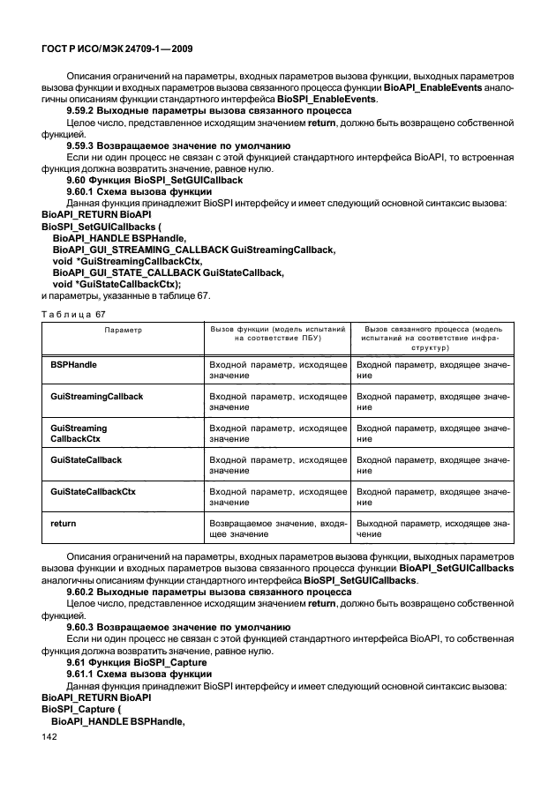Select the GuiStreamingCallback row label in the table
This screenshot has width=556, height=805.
point(96,397)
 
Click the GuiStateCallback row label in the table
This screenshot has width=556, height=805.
point(86,460)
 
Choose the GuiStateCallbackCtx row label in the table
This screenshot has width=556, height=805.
point(93,491)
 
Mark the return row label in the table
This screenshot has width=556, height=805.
point(63,523)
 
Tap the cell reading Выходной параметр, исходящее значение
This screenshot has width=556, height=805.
point(432,528)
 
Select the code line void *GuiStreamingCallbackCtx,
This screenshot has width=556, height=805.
point(127,261)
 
